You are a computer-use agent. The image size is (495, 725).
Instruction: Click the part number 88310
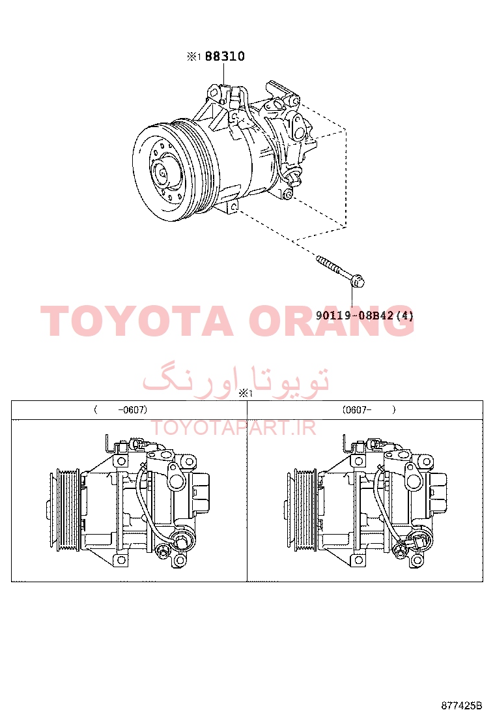[225, 57]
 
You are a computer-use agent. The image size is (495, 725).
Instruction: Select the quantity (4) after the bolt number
[404, 316]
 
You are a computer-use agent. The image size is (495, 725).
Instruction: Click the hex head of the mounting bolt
[358, 280]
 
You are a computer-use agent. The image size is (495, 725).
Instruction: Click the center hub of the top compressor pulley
[163, 174]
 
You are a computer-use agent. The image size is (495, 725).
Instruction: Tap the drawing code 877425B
[461, 705]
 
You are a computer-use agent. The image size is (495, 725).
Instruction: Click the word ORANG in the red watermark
[331, 321]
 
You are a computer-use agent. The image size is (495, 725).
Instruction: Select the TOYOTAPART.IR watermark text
[234, 428]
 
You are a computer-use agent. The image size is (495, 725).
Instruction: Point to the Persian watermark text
[236, 381]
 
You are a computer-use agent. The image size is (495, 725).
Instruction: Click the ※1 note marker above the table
[246, 394]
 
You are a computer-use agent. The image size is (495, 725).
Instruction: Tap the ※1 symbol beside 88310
[194, 57]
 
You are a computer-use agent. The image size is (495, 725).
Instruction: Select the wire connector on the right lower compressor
[416, 543]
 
